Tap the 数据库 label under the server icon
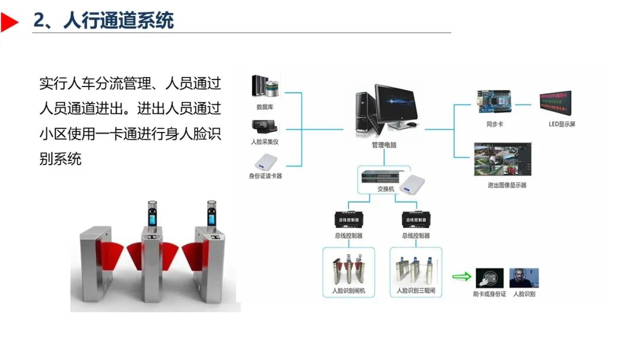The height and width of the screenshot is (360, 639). (x=264, y=107)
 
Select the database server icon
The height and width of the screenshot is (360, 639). (x=264, y=87)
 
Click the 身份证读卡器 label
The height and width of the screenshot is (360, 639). (x=265, y=176)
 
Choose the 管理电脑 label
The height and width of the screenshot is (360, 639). (x=384, y=144)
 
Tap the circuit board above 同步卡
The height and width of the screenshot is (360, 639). (x=495, y=103)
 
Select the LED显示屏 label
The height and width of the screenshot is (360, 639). (x=561, y=124)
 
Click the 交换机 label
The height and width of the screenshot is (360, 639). (x=385, y=189)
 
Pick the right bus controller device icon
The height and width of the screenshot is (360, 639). (x=415, y=219)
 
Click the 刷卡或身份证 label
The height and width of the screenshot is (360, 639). (x=489, y=294)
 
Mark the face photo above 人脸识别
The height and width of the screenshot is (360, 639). (x=524, y=277)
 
